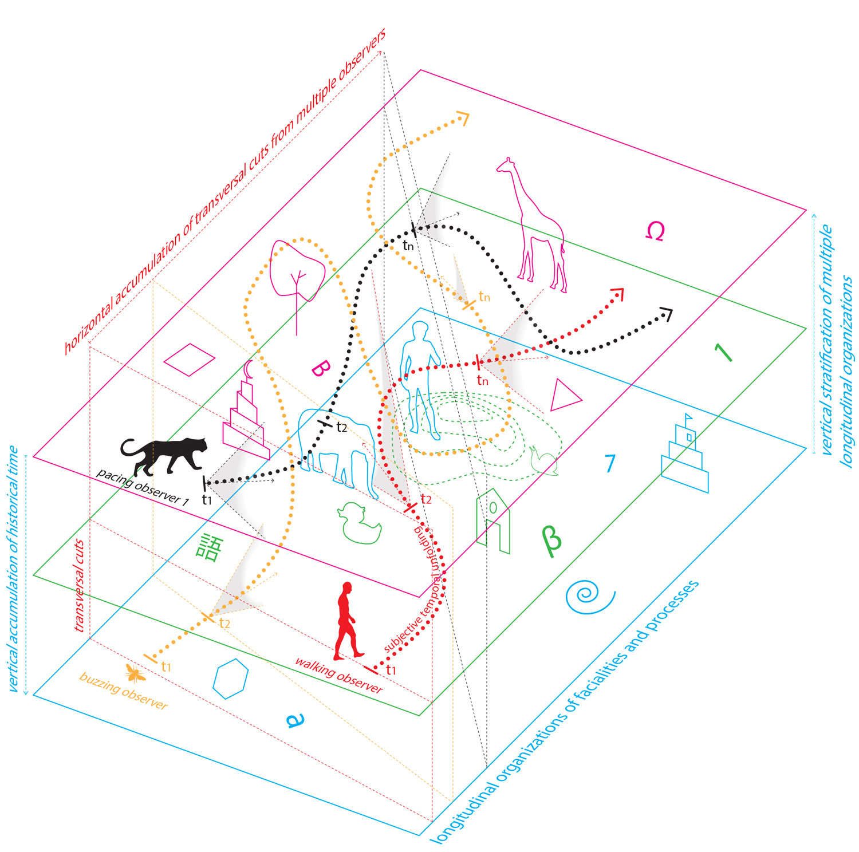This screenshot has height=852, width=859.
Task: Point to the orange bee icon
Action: pos(135,673)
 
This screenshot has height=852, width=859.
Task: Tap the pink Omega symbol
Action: pos(655,231)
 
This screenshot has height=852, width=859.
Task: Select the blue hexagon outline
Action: pos(231,679)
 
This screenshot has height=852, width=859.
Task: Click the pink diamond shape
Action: pos(189,360)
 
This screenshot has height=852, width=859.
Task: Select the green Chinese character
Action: pos(208,547)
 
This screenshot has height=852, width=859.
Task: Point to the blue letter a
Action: pos(294,720)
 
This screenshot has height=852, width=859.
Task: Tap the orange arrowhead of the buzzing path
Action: pos(463,118)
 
